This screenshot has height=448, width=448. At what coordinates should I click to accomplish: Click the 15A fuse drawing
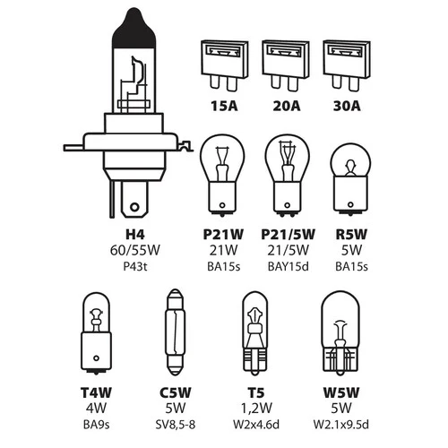(x=225, y=65)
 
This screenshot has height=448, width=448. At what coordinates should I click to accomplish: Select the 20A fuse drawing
(x=286, y=65)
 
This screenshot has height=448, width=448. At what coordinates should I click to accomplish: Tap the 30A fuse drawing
(x=347, y=65)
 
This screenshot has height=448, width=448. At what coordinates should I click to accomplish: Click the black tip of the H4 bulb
(x=134, y=28)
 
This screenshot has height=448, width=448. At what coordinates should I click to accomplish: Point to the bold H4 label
(x=135, y=235)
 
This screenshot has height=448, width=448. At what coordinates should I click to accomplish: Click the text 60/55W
(x=135, y=250)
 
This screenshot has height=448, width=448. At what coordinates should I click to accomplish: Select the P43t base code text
(x=135, y=266)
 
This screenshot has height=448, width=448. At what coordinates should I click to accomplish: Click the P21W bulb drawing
(x=222, y=176)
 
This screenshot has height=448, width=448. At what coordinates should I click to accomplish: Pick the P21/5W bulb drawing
(x=287, y=176)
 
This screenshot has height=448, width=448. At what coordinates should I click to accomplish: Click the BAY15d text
(x=289, y=266)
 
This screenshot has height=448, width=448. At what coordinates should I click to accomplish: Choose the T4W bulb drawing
(x=96, y=333)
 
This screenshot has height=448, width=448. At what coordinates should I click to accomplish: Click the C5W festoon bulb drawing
(x=175, y=332)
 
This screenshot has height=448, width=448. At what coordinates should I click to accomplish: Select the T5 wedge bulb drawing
(x=254, y=333)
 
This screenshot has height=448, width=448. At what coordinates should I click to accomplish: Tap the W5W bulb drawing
(x=340, y=333)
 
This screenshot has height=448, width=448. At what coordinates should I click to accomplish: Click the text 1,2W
(x=256, y=409)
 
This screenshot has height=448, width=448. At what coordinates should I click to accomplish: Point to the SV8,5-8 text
(x=176, y=425)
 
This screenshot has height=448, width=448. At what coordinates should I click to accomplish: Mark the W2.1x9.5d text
(x=341, y=425)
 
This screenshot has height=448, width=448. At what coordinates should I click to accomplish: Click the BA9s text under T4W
(x=96, y=425)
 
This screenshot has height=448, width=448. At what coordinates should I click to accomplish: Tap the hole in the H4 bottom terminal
(x=134, y=207)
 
